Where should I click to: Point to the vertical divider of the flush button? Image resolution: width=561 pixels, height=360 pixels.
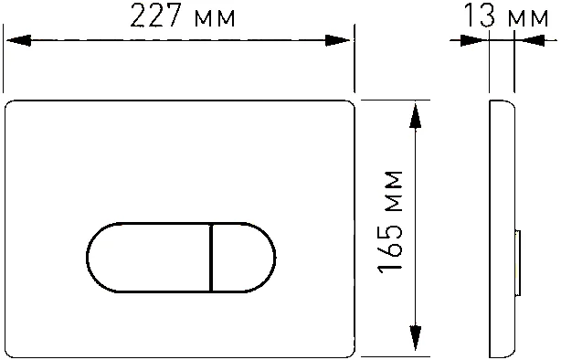tap(211, 258)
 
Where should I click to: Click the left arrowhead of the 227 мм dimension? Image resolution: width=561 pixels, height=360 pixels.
tap(18, 40)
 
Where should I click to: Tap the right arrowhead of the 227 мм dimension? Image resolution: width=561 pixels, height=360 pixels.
tap(339, 40)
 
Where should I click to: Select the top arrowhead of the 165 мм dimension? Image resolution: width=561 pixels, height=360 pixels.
tap(416, 112)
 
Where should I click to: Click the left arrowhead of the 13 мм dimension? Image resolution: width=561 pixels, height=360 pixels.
tap(476, 40)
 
